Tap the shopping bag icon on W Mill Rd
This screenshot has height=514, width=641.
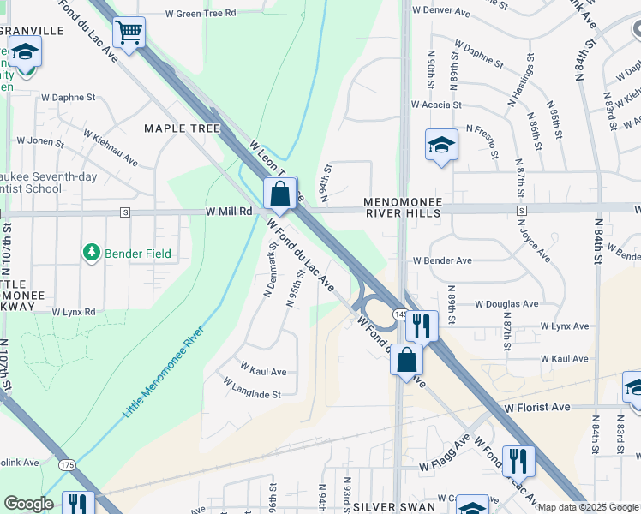(x=279, y=194)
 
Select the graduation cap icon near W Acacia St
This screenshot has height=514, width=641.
(x=441, y=145)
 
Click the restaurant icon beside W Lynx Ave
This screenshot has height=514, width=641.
(x=421, y=326)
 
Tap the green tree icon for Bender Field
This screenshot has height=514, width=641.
(x=91, y=253)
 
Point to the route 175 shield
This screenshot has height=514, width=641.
(x=67, y=465)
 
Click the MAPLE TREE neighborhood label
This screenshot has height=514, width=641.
(x=182, y=128)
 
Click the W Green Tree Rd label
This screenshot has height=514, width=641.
(x=200, y=13)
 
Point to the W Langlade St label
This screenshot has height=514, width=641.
(x=252, y=388)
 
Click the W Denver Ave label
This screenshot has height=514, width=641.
(x=441, y=11)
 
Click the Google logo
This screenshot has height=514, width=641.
(x=28, y=504)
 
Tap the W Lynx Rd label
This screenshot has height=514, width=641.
(x=74, y=313)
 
